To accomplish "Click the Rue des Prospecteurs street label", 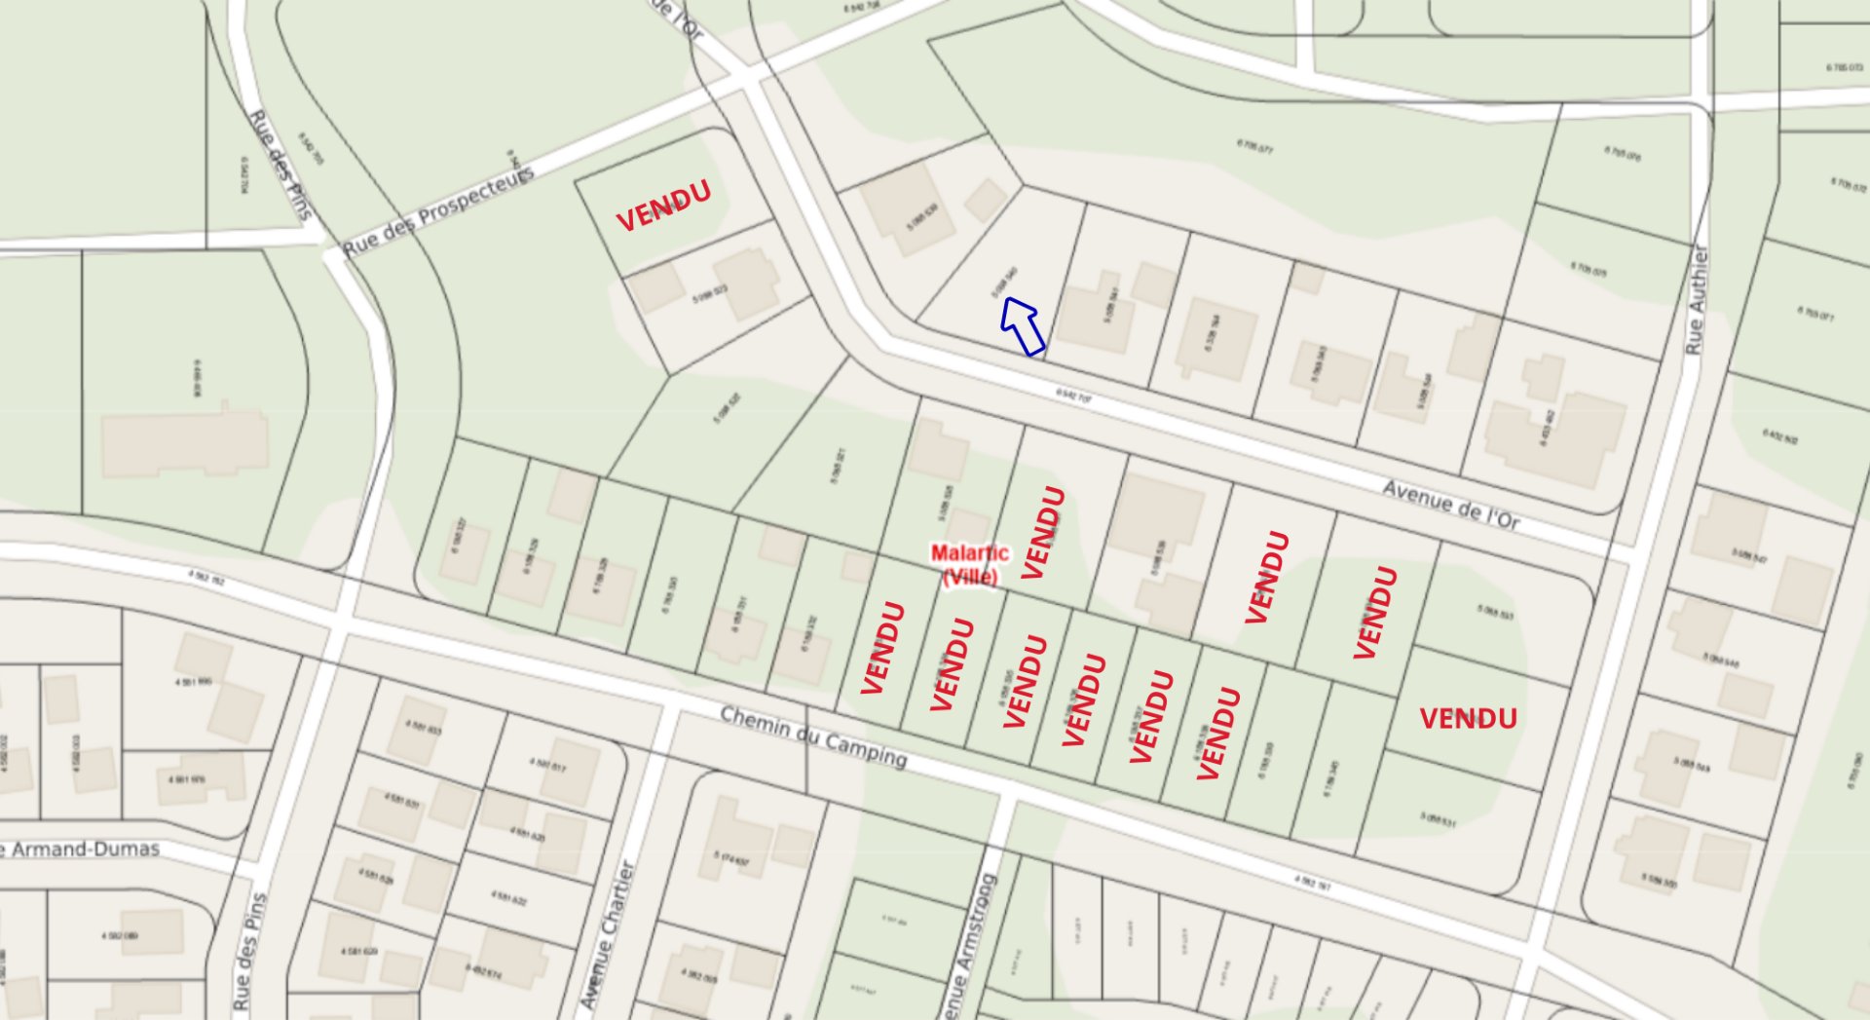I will [x=438, y=212].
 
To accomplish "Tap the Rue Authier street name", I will [x=1697, y=299].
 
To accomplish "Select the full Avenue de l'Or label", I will [x=1450, y=505].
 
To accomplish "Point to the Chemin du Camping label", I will [x=813, y=737].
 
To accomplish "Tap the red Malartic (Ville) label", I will [x=969, y=565].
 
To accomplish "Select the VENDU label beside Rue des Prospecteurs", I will [x=663, y=206].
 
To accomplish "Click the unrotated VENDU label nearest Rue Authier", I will [x=1468, y=719].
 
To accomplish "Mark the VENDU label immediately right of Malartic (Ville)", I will [x=1042, y=532].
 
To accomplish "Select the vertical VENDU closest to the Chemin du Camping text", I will [x=883, y=648].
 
